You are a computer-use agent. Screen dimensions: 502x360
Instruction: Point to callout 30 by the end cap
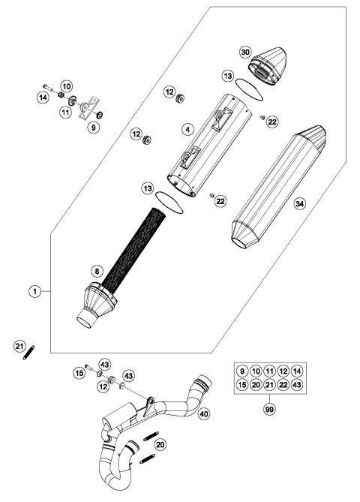click(x=244, y=53)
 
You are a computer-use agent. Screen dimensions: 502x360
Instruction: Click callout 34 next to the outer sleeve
click(x=301, y=204)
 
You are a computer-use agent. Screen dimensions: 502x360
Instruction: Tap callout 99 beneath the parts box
click(x=268, y=410)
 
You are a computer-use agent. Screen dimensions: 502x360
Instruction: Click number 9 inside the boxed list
click(x=241, y=371)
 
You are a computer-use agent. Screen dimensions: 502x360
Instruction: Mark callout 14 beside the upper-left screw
click(x=43, y=98)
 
